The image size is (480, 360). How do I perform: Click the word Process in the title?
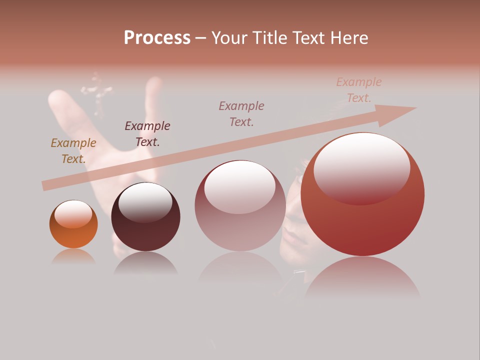(157, 38)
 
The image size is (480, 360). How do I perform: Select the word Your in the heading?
(229, 38)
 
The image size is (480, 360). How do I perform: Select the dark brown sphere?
(145, 232)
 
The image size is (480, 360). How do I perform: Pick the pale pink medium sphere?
(240, 227)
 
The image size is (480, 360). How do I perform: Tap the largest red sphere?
(362, 225)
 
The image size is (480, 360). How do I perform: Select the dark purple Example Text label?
(147, 134)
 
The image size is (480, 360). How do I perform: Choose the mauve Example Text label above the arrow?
(241, 114)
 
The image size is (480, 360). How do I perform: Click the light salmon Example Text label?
(358, 90)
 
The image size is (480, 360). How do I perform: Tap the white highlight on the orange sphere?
(73, 214)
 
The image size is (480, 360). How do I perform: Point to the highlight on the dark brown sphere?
(145, 202)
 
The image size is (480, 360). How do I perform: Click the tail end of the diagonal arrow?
(46, 185)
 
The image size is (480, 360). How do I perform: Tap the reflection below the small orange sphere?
(73, 256)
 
